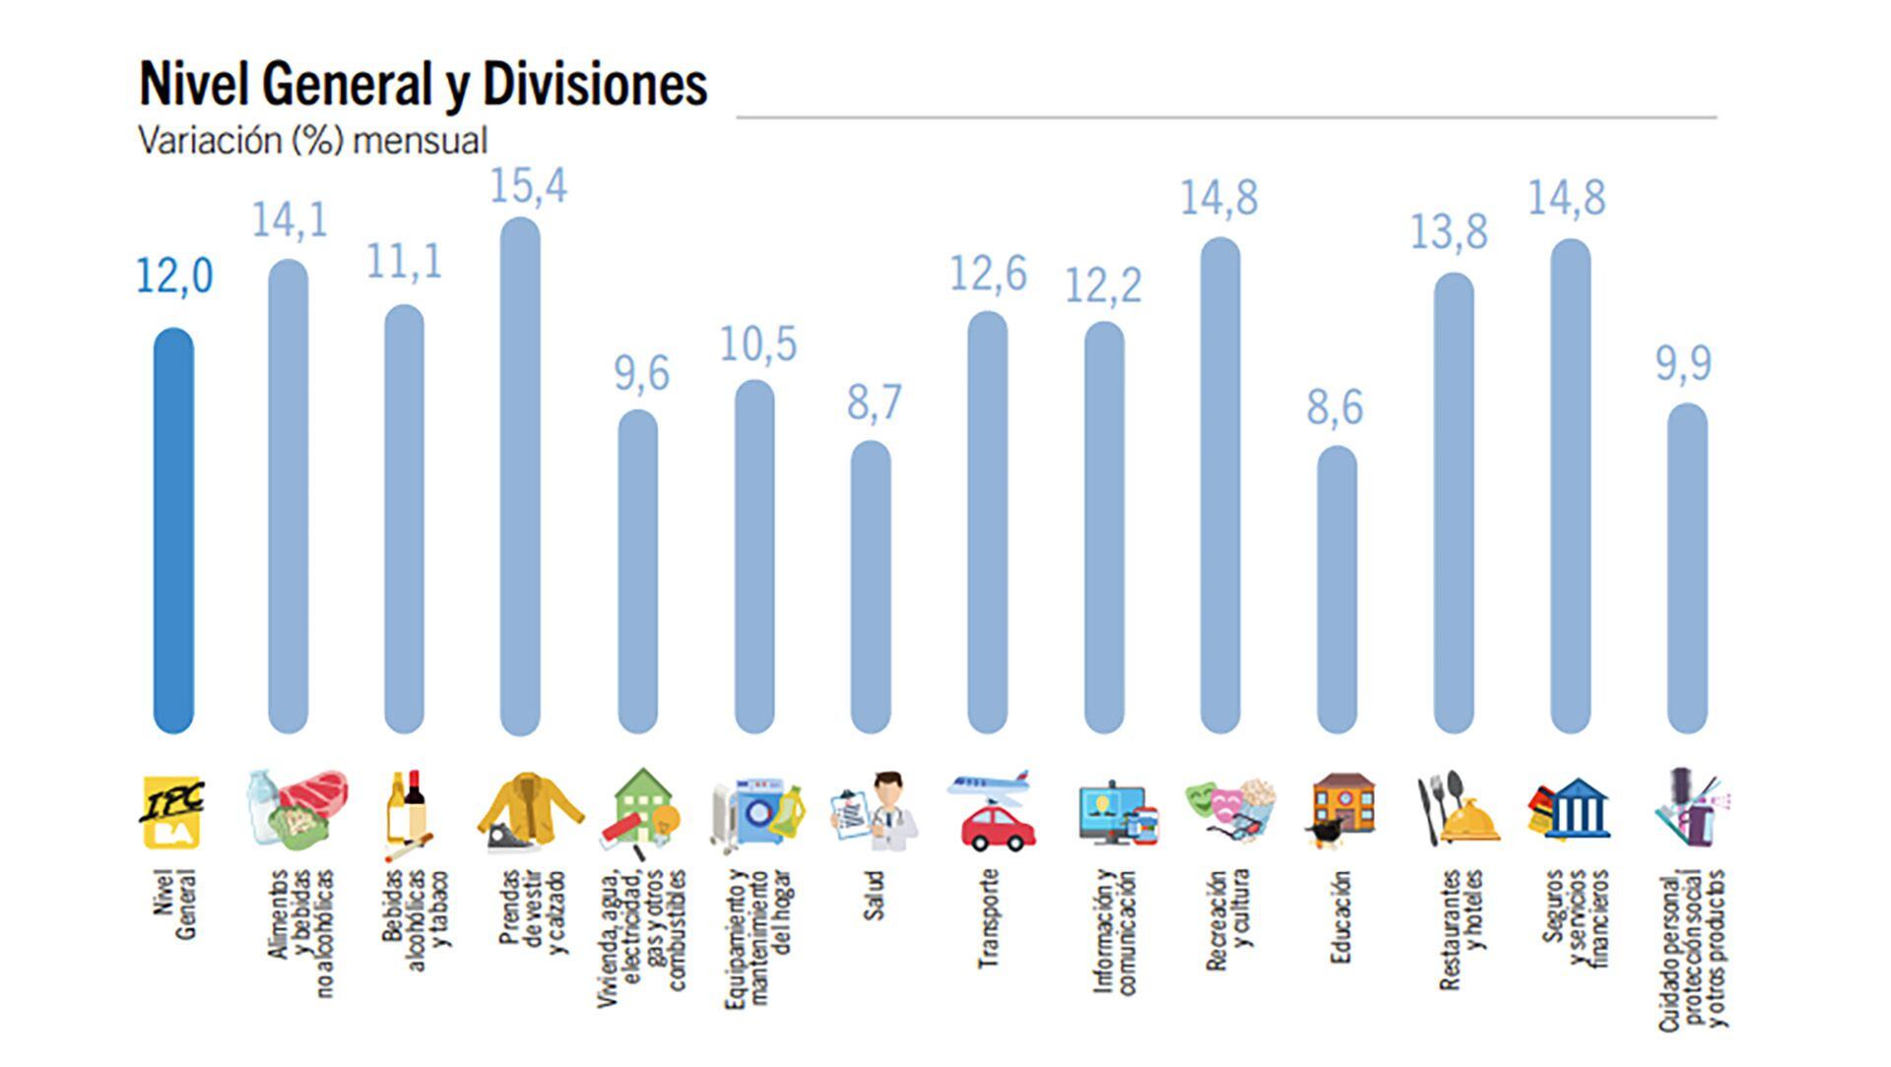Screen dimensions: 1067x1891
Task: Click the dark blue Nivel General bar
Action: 173,532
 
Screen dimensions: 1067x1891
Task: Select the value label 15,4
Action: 528,186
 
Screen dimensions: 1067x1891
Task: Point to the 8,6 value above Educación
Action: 1335,408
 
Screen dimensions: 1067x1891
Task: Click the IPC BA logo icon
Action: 172,812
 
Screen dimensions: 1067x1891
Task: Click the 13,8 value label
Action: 1448,233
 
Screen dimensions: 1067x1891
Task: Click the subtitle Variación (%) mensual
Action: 312,141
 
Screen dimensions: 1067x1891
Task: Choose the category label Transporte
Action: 988,917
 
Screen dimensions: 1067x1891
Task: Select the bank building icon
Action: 1574,809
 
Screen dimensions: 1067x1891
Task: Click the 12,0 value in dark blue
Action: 173,277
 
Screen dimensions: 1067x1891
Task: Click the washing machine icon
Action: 760,813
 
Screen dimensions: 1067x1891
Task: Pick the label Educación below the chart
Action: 1338,916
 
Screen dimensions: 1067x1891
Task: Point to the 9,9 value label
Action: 1682,364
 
